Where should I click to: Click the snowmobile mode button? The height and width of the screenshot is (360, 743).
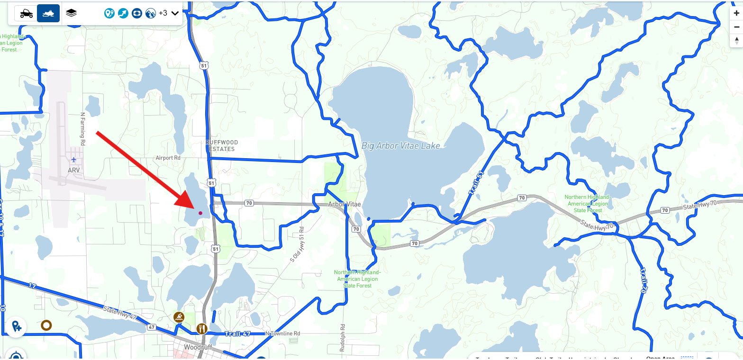tap(48, 14)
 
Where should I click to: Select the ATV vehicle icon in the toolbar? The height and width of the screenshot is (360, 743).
tap(26, 14)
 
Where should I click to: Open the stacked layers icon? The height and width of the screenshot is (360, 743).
tap(71, 13)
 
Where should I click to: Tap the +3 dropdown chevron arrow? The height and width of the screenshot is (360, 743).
tap(175, 13)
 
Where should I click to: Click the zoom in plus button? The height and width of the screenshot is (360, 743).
tap(736, 14)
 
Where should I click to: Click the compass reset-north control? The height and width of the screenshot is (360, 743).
tap(736, 41)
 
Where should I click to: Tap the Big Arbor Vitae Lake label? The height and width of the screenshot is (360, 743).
tap(400, 146)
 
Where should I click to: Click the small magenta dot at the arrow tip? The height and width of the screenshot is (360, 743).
tap(200, 213)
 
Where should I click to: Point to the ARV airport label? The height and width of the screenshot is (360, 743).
tap(74, 170)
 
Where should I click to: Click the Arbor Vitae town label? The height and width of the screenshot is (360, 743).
tap(344, 204)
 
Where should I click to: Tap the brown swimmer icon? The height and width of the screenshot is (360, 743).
tap(179, 317)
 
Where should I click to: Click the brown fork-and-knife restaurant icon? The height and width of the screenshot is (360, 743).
tap(202, 328)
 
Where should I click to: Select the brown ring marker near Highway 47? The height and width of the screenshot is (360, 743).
tap(46, 325)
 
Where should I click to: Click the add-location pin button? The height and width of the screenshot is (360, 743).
tap(16, 326)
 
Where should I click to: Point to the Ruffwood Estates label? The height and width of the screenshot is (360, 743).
tap(222, 145)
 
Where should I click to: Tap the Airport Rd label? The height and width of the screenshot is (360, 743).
tap(168, 158)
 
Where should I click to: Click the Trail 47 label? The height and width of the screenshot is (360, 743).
tap(237, 334)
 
